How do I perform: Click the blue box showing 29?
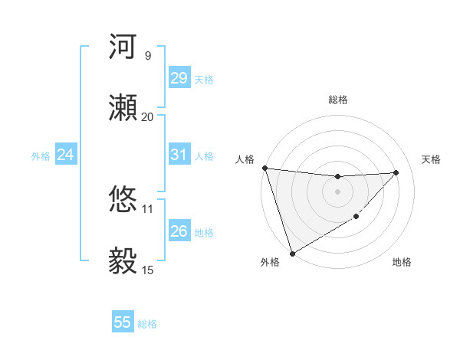[x=179, y=78]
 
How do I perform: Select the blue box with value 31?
[x=179, y=155]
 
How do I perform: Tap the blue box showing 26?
[x=179, y=231]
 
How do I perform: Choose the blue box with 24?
[x=65, y=155]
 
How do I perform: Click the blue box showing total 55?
[x=123, y=322]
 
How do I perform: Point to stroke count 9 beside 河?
[x=147, y=55]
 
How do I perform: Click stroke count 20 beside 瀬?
[x=147, y=116]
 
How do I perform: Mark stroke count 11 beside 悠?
[x=147, y=208]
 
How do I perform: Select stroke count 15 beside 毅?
[x=147, y=270]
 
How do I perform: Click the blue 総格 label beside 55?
[x=147, y=324]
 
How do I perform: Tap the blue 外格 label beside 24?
[x=41, y=156]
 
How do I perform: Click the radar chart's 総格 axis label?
[x=337, y=100]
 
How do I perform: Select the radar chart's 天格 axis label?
[x=432, y=159]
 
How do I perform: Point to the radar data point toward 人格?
[x=264, y=168]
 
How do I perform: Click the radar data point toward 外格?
[x=292, y=253]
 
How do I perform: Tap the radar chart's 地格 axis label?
[x=402, y=263]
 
